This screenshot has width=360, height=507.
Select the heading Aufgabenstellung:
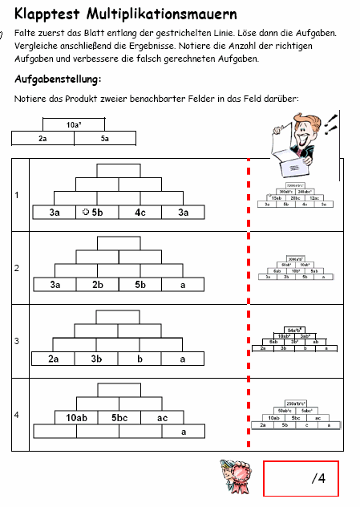58,80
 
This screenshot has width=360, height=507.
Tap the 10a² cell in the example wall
74,125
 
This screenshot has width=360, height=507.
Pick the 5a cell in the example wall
105,138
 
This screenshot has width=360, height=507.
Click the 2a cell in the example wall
43,138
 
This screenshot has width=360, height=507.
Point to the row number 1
18,195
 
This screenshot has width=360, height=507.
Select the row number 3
18,341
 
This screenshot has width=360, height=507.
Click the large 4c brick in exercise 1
140,213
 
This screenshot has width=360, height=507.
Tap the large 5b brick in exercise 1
97,213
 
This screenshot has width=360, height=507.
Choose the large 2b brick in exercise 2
97,285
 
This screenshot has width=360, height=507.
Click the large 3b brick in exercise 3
97,359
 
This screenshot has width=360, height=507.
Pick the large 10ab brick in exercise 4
76,417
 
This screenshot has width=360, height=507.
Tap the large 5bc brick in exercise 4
119,417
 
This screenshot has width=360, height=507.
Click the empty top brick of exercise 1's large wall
118,170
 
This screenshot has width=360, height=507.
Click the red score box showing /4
301,479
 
